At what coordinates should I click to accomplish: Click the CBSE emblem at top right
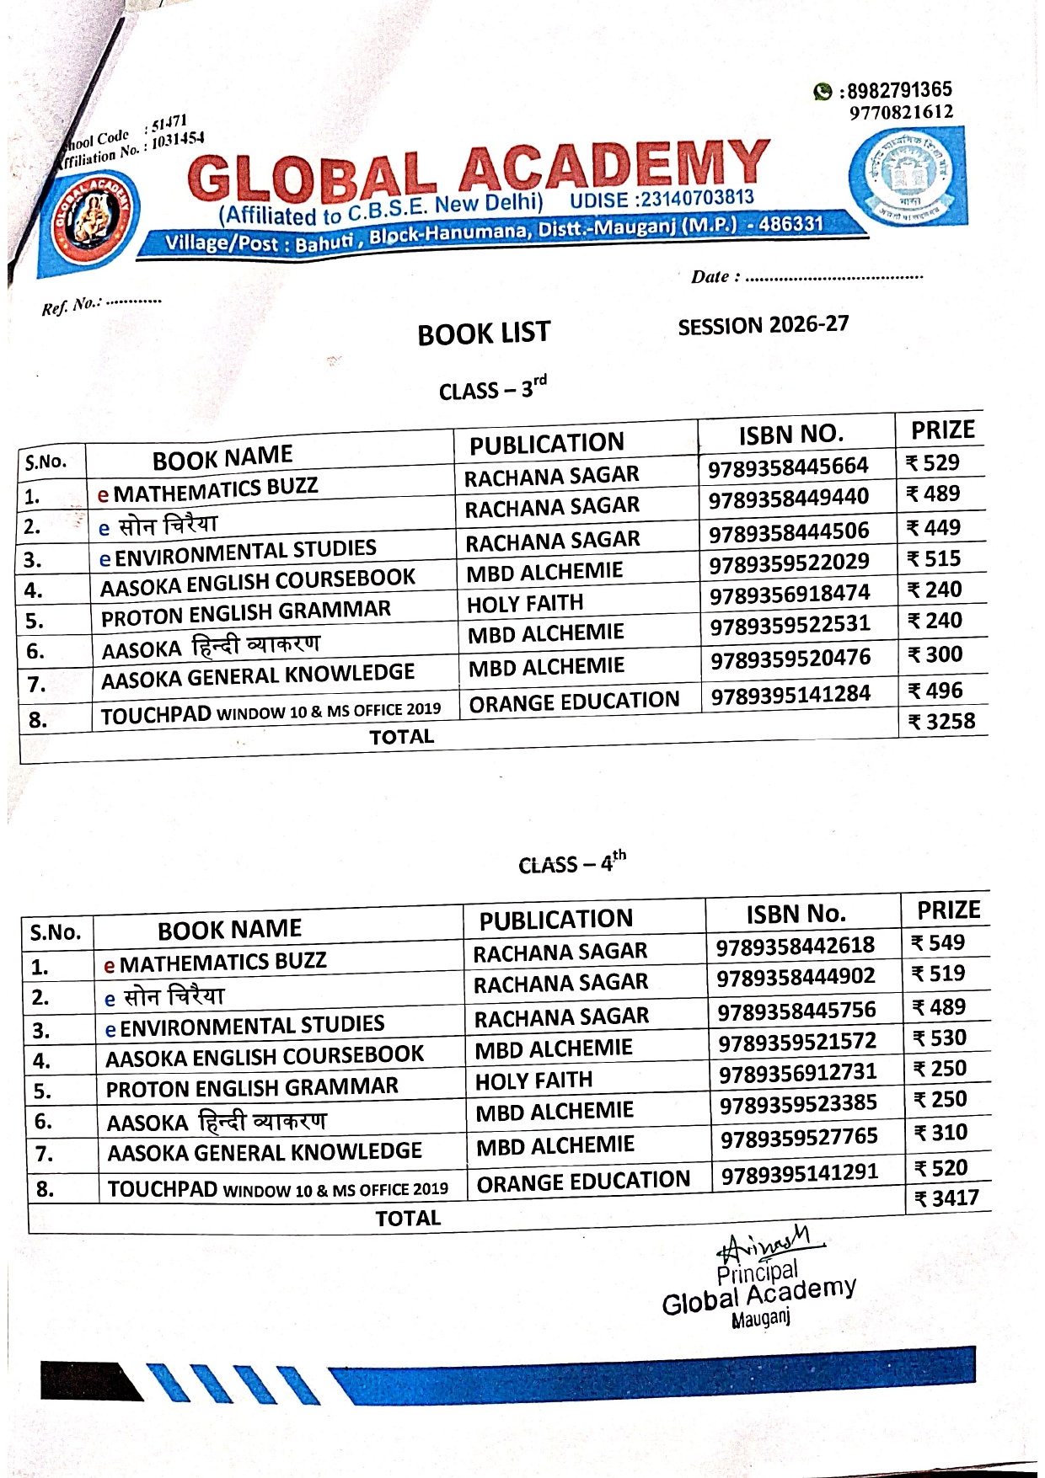point(907,178)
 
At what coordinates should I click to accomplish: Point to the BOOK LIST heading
point(484,333)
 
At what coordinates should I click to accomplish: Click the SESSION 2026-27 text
point(763,325)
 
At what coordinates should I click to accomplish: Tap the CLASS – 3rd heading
point(492,389)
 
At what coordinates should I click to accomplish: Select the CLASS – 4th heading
point(571,863)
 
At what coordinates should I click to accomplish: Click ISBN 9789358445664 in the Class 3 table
point(788,467)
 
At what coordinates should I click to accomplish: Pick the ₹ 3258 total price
point(941,722)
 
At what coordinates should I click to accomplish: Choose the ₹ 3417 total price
point(947,1198)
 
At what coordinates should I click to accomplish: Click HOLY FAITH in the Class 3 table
point(525,603)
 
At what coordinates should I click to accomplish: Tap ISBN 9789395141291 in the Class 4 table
point(800,1173)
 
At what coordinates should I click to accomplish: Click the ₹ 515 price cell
point(934,559)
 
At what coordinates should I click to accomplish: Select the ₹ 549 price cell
point(938,943)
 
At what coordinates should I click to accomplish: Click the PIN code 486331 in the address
point(790,224)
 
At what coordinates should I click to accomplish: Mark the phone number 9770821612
point(901,112)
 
